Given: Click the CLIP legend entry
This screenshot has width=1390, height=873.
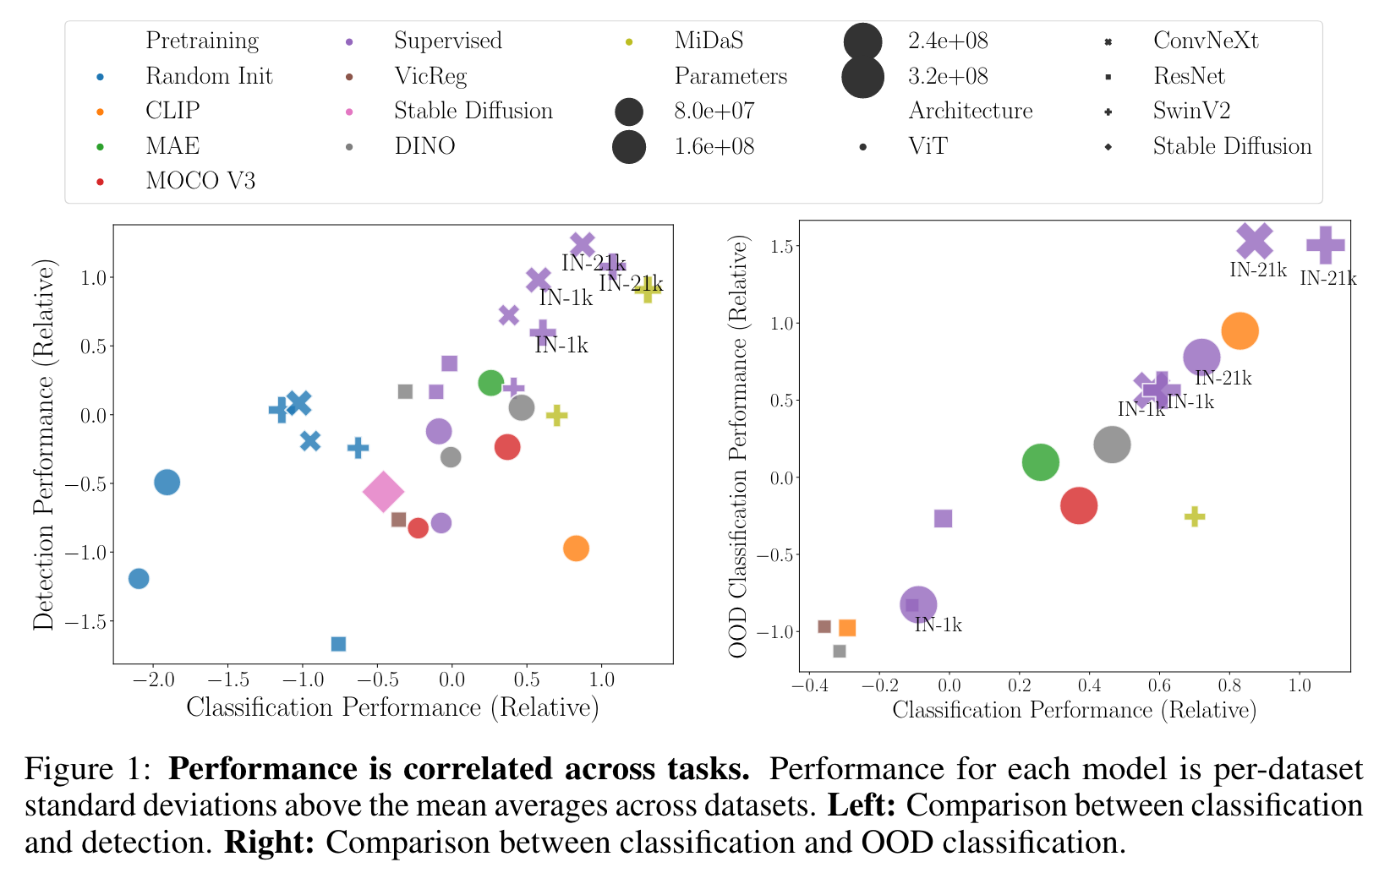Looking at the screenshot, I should click(172, 111).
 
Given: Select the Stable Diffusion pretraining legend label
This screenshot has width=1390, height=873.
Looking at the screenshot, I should click(473, 111).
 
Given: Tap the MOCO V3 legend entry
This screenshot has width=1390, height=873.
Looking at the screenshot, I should click(200, 181).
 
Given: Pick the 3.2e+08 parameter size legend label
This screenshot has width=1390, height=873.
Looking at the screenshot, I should click(947, 76).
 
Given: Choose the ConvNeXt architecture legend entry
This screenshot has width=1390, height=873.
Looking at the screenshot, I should click(1205, 41).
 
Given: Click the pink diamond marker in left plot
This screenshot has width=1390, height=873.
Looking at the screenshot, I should click(383, 492).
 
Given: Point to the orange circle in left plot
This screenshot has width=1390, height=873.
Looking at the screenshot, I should click(576, 548).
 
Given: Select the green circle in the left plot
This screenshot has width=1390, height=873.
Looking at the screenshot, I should click(490, 383).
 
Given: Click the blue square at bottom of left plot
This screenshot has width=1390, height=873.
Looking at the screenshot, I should click(338, 644).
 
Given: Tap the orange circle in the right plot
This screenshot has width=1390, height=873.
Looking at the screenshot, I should click(1240, 330).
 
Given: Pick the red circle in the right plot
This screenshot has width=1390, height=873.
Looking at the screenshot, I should click(1079, 505).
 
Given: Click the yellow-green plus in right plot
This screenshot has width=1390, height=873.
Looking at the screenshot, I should click(1194, 516).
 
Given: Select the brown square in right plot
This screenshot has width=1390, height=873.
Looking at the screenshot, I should click(824, 626).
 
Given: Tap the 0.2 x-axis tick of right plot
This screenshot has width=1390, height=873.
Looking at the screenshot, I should click(1020, 685).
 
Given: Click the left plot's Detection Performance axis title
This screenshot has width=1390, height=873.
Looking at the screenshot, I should click(43, 445).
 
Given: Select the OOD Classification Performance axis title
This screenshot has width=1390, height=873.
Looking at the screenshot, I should click(739, 446).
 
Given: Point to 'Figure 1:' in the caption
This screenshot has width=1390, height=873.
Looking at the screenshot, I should click(88, 769).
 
